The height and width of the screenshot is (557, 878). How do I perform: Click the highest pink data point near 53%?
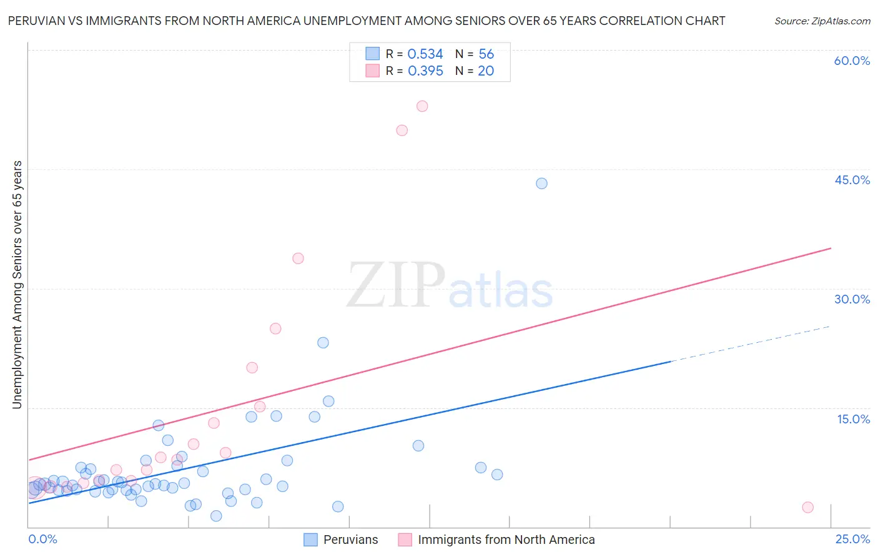point(422,106)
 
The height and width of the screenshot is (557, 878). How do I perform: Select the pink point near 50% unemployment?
point(402,131)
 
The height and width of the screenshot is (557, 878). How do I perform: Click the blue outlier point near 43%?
point(541,184)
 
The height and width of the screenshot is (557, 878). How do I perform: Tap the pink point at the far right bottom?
point(807,508)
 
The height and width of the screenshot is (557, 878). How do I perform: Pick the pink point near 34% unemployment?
point(298,259)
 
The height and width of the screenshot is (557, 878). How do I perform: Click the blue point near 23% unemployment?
point(323,343)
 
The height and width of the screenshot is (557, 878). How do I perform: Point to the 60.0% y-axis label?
point(852,61)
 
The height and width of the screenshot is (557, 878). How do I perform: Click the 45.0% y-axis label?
point(852,180)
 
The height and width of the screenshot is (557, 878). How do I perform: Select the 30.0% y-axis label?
point(852,300)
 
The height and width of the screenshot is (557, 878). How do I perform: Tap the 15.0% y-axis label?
point(853,419)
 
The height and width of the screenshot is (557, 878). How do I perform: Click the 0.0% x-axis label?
point(42,540)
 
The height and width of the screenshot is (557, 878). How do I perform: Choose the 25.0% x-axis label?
point(852,540)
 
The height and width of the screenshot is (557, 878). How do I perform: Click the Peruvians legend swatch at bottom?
point(310,540)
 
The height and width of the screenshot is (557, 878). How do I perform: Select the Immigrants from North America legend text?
point(506,540)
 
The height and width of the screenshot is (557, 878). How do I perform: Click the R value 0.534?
point(425,54)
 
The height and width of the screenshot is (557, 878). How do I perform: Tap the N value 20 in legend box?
point(486,71)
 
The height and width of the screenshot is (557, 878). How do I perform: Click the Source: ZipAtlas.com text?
point(822,21)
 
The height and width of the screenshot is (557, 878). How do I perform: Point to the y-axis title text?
point(17,285)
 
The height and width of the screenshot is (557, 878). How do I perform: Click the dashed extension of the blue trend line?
point(749,343)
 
